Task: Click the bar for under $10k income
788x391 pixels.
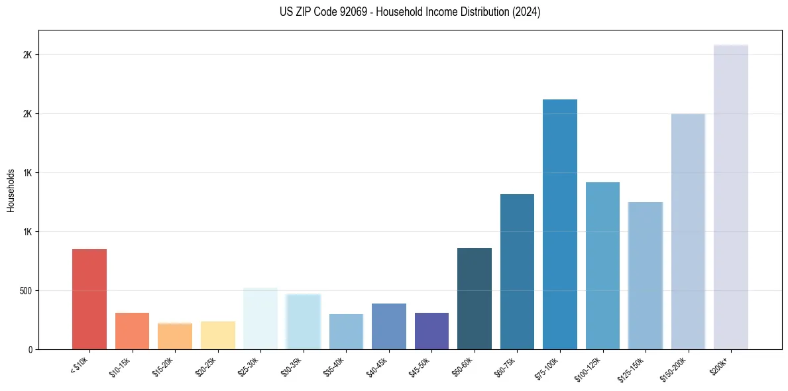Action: click(x=89, y=299)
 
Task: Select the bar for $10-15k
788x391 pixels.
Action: click(x=132, y=331)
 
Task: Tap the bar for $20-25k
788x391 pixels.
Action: click(x=217, y=335)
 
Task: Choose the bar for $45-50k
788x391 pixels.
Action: click(x=431, y=331)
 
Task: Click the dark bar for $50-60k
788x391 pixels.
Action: click(x=475, y=298)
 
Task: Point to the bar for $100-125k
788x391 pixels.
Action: click(x=602, y=266)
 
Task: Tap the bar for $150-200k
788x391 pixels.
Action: click(x=688, y=231)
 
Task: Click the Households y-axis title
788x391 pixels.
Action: click(x=11, y=190)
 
